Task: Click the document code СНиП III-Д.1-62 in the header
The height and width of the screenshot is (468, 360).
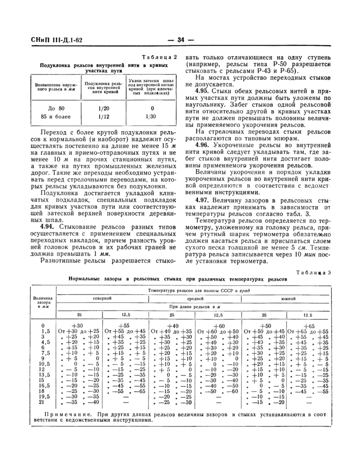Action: click(x=38, y=41)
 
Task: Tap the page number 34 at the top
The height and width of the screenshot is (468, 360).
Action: click(x=181, y=41)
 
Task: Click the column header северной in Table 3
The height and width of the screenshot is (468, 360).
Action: click(x=101, y=298)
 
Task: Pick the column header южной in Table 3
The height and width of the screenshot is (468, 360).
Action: click(x=288, y=298)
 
